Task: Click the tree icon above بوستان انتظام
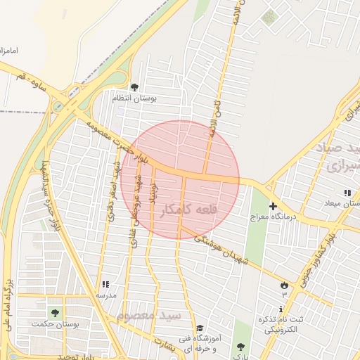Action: coord(134,87)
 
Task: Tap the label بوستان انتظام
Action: coord(134,98)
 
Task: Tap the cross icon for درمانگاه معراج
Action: coord(274,206)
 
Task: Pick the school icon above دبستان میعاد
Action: coord(347,193)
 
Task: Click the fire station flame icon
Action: coord(284,285)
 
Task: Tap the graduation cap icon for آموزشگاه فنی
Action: coord(200,328)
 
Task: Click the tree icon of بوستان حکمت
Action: coord(55,313)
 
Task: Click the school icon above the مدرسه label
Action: coord(105,285)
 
